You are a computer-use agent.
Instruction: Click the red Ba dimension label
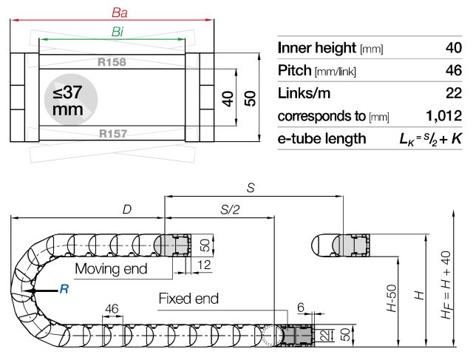(118, 13)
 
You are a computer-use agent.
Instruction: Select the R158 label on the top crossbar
(112, 62)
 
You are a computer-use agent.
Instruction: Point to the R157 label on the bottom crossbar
(112, 134)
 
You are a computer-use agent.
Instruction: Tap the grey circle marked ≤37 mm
(68, 100)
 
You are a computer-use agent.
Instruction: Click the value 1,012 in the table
(443, 116)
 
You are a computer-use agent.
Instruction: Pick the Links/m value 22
(452, 94)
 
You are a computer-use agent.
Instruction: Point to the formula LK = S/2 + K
(430, 138)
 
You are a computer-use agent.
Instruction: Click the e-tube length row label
(321, 138)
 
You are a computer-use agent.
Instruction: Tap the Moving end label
(111, 268)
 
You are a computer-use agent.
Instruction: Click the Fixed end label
(188, 299)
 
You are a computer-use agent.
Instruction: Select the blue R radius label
(64, 290)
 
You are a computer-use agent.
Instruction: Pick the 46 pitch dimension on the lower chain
(112, 308)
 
